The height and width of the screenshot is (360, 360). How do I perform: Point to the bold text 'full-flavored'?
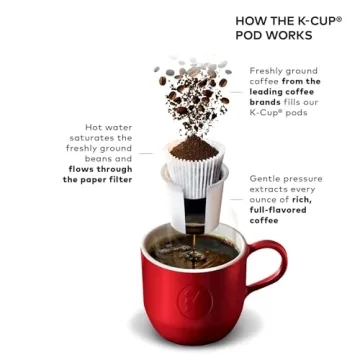tap(279, 210)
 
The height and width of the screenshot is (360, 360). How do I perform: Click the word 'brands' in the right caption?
tap(267, 103)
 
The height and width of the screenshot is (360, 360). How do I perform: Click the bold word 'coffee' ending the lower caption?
tap(265, 221)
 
